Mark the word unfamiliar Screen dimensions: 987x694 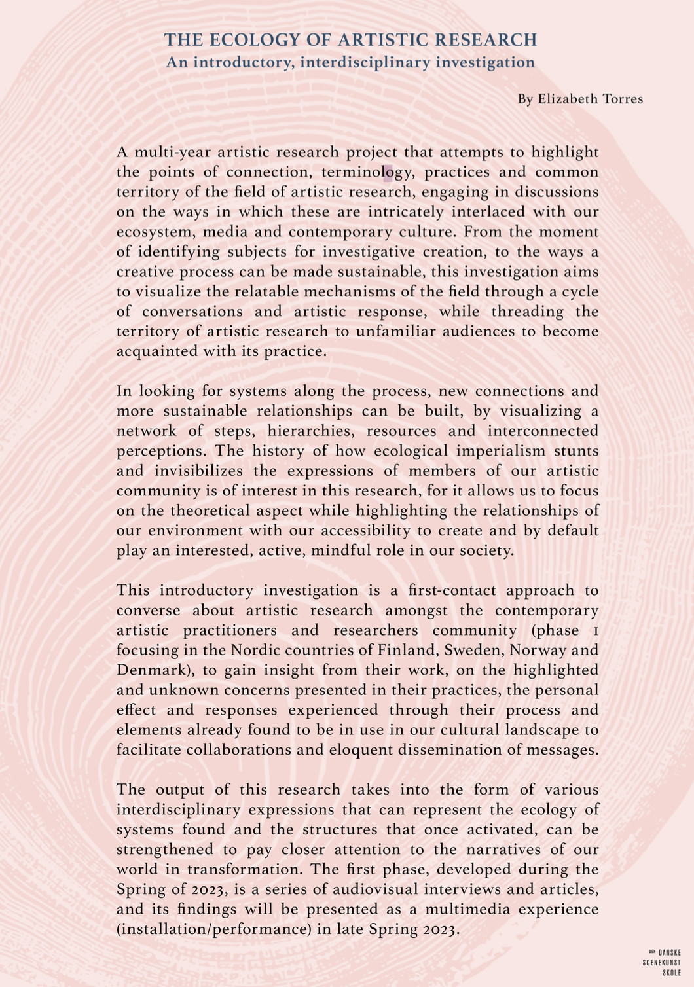pos(395,331)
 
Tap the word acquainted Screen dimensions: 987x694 pos(156,351)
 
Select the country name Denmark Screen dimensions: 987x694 pos(151,670)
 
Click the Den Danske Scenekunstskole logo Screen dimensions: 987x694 pos(664,963)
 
